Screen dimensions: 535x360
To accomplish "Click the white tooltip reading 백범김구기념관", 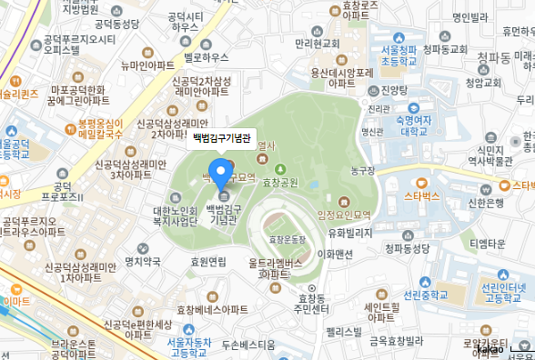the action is pos(221,140).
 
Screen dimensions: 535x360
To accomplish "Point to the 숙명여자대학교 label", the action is pos(399,123).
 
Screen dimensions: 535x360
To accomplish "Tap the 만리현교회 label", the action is pos(317,44).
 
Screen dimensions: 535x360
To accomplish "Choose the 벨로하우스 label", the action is pos(204,56).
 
